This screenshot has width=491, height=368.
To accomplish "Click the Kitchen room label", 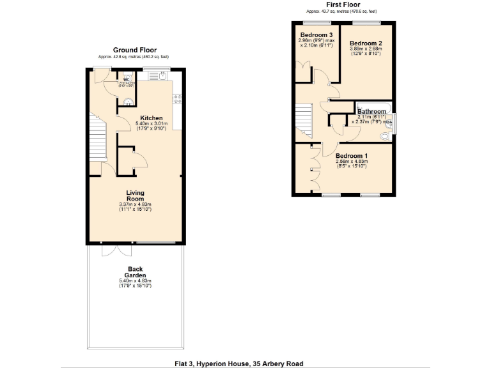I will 152,118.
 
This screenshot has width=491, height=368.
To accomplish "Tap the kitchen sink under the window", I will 157,79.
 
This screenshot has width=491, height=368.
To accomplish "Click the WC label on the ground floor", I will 127,80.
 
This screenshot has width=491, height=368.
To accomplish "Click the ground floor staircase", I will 97,137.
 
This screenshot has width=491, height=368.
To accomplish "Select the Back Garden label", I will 135,272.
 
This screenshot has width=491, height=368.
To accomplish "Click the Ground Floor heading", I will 135,50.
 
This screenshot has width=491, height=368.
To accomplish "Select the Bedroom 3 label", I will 316,34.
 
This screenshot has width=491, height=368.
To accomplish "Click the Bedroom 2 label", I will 366,43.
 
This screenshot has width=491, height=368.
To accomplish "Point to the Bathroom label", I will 371,112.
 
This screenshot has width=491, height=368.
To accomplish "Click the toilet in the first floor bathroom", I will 384,136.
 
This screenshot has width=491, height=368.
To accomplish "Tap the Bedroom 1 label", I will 352,157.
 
